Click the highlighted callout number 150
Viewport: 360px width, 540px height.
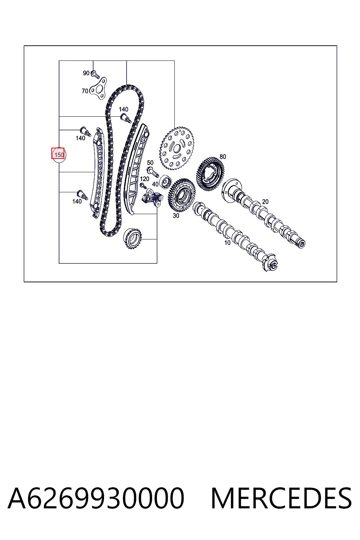pos(59,155)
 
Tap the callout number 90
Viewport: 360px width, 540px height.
pos(86,73)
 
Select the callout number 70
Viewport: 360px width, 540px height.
pos(85,91)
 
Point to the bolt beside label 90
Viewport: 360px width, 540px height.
pos(96,74)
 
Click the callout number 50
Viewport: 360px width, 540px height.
pos(150,163)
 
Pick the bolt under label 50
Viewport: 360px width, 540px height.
pos(152,172)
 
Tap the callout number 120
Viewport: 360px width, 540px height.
pos(144,179)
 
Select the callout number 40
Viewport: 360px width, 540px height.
pos(155,184)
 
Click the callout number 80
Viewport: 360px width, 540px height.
pos(223,157)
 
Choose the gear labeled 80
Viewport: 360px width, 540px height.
pos(211,174)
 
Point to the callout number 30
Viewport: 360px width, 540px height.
pos(176,216)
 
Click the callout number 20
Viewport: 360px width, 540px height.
pos(265,201)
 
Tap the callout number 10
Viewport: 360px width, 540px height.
pos(227,243)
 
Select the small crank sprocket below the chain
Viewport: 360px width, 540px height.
pos(133,238)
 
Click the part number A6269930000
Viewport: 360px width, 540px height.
pos(96,498)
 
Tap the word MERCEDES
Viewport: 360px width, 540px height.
pos(281,498)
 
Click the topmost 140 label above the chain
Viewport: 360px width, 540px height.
pos(123,109)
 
